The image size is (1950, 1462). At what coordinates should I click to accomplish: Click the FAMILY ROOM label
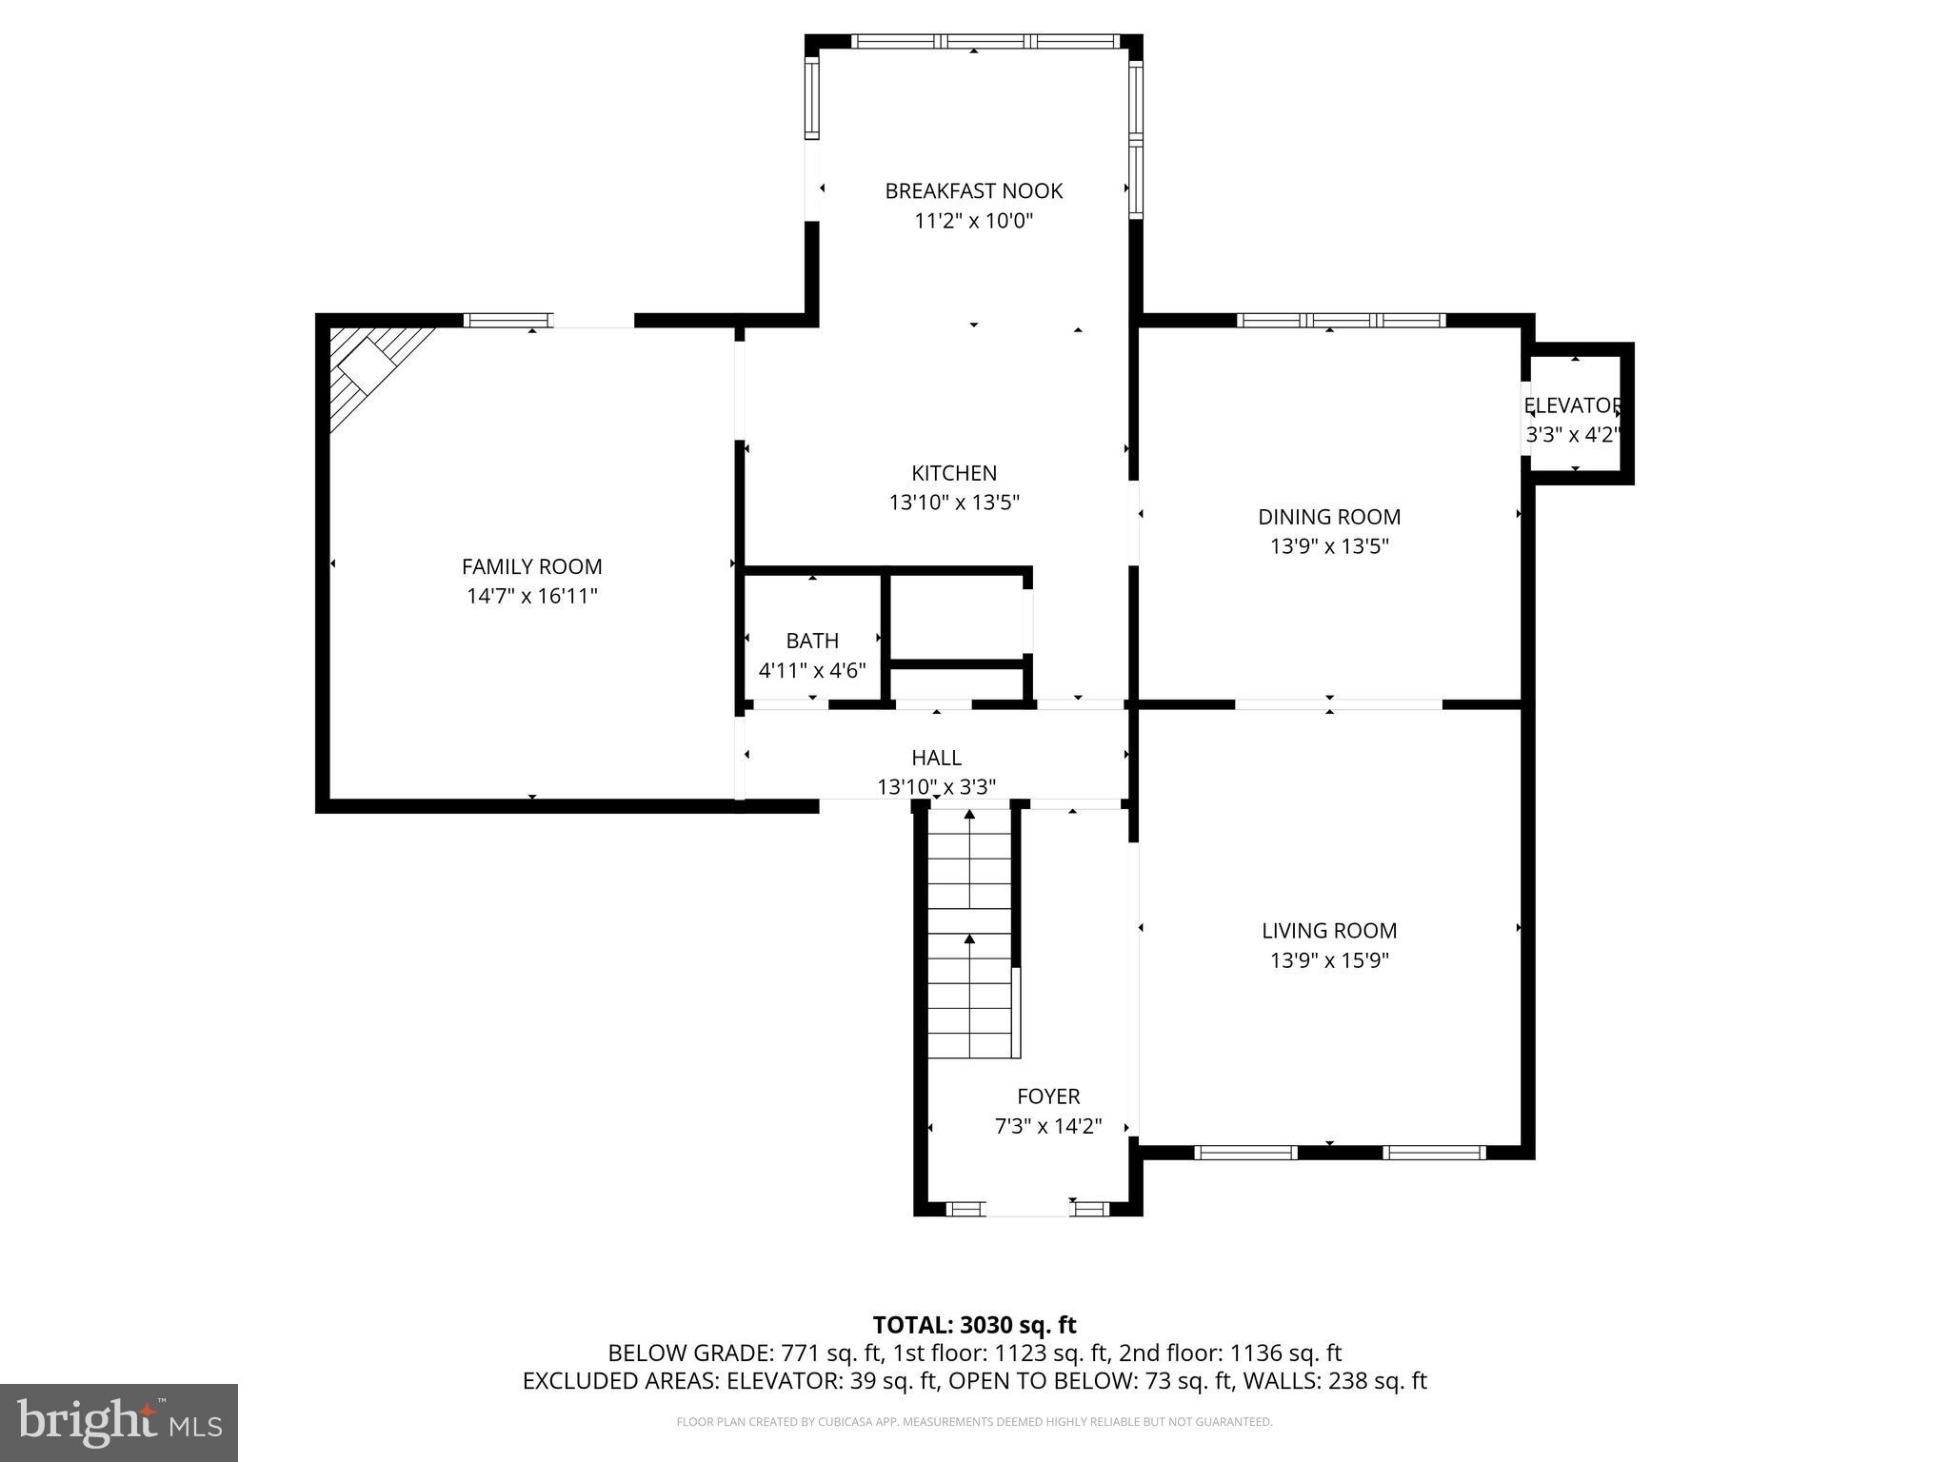pyautogui.click(x=531, y=566)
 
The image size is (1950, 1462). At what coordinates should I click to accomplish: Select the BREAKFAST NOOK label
pyautogui.click(x=973, y=191)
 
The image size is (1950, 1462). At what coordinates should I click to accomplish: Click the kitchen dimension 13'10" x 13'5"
pyautogui.click(x=954, y=503)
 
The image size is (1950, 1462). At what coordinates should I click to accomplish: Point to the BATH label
pyautogui.click(x=812, y=641)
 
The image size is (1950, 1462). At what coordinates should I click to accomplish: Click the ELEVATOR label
pyautogui.click(x=1572, y=405)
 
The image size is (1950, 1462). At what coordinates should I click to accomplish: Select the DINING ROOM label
pyautogui.click(x=1329, y=517)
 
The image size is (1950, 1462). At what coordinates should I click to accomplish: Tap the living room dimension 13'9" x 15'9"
pyautogui.click(x=1329, y=960)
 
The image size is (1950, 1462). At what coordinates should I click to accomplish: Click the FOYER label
pyautogui.click(x=1048, y=1096)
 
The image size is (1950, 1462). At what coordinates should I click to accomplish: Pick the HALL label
pyautogui.click(x=936, y=758)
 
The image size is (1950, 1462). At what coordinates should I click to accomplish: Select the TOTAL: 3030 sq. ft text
pyautogui.click(x=974, y=1325)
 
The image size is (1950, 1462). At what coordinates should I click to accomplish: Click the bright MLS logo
pyautogui.click(x=119, y=1422)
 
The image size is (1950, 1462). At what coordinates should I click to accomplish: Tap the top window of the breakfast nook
pyautogui.click(x=985, y=41)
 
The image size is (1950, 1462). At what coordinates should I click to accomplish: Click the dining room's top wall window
pyautogui.click(x=1341, y=321)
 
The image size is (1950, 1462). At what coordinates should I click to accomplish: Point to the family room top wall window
pyautogui.click(x=507, y=321)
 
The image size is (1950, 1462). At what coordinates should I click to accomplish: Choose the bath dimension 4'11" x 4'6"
pyautogui.click(x=812, y=670)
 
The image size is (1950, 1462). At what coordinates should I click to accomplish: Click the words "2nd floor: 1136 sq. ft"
pyautogui.click(x=1230, y=1353)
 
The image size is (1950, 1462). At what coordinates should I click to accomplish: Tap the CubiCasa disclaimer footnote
pyautogui.click(x=974, y=1422)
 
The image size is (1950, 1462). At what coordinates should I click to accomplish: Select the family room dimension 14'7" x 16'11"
pyautogui.click(x=531, y=597)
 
